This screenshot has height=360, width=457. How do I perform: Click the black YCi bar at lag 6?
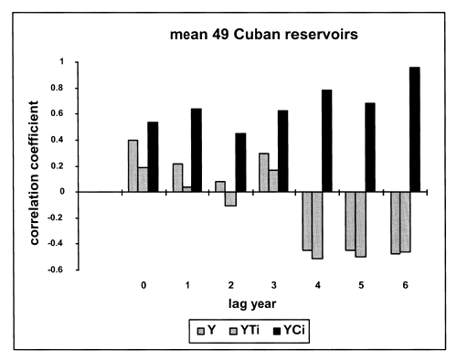(x=415, y=130)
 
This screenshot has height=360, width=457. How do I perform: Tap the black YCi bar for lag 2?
(x=240, y=163)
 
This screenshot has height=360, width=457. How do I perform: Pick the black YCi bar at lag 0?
(x=153, y=157)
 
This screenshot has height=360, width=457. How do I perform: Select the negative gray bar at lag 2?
(x=231, y=199)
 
